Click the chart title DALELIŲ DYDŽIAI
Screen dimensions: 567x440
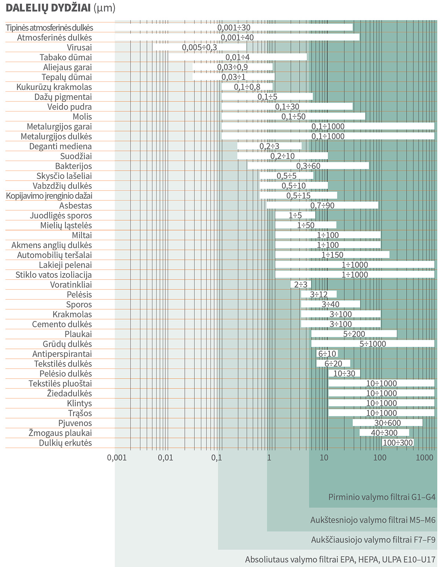click(48, 8)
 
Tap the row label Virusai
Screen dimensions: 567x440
click(79, 47)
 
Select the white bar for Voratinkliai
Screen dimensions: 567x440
click(301, 284)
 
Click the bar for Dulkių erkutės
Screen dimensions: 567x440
click(397, 443)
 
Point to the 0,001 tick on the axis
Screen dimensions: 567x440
click(117, 457)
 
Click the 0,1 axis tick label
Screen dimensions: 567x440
click(216, 457)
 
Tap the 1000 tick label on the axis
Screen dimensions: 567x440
click(425, 457)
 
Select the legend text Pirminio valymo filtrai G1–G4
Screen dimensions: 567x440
click(382, 497)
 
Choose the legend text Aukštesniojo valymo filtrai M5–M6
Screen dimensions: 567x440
click(373, 520)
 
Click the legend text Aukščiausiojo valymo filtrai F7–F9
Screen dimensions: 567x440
click(373, 540)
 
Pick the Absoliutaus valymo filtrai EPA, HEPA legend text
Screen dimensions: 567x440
click(340, 560)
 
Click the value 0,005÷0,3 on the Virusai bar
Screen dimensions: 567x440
click(199, 47)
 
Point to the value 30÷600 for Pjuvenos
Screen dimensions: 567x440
click(387, 423)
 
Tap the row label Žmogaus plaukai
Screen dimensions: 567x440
click(60, 433)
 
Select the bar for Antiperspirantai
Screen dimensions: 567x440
click(327, 354)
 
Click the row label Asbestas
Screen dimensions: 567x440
click(76, 206)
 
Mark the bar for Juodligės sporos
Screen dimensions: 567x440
click(295, 216)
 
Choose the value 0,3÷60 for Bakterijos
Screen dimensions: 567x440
click(308, 166)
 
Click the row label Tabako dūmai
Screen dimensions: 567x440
click(66, 57)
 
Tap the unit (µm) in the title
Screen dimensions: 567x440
click(104, 8)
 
